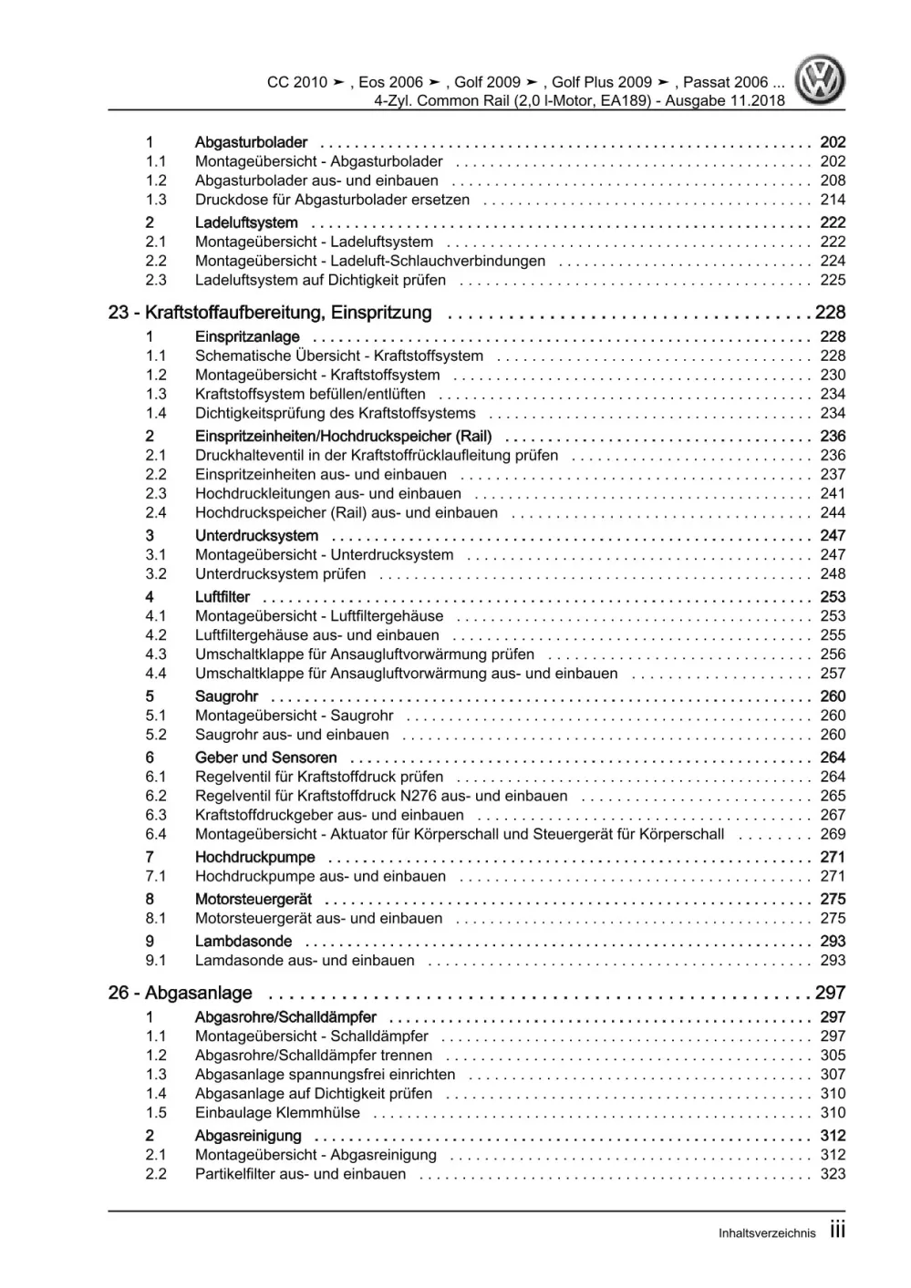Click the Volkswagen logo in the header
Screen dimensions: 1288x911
tap(820, 80)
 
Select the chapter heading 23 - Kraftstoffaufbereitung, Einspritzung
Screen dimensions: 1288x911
tap(270, 313)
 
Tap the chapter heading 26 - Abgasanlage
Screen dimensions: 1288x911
tap(181, 993)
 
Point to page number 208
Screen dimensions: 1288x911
tap(833, 180)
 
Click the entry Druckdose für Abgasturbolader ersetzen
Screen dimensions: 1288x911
tap(332, 200)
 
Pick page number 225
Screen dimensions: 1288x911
tap(833, 280)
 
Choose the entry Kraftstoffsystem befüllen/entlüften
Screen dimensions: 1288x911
tap(310, 394)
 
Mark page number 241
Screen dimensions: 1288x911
tap(833, 493)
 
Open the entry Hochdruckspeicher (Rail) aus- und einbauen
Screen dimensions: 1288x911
tap(347, 512)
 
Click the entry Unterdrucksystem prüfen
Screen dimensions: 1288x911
tap(280, 573)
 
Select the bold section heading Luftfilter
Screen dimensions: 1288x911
tap(223, 597)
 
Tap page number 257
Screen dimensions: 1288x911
tap(833, 674)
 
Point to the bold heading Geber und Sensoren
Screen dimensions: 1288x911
tap(265, 757)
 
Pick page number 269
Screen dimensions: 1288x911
tap(833, 834)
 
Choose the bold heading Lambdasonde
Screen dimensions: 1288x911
tap(243, 942)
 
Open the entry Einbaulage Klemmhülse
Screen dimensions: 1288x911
tap(277, 1112)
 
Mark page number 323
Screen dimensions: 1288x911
tap(833, 1174)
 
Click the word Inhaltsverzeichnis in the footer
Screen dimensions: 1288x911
tap(767, 1233)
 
